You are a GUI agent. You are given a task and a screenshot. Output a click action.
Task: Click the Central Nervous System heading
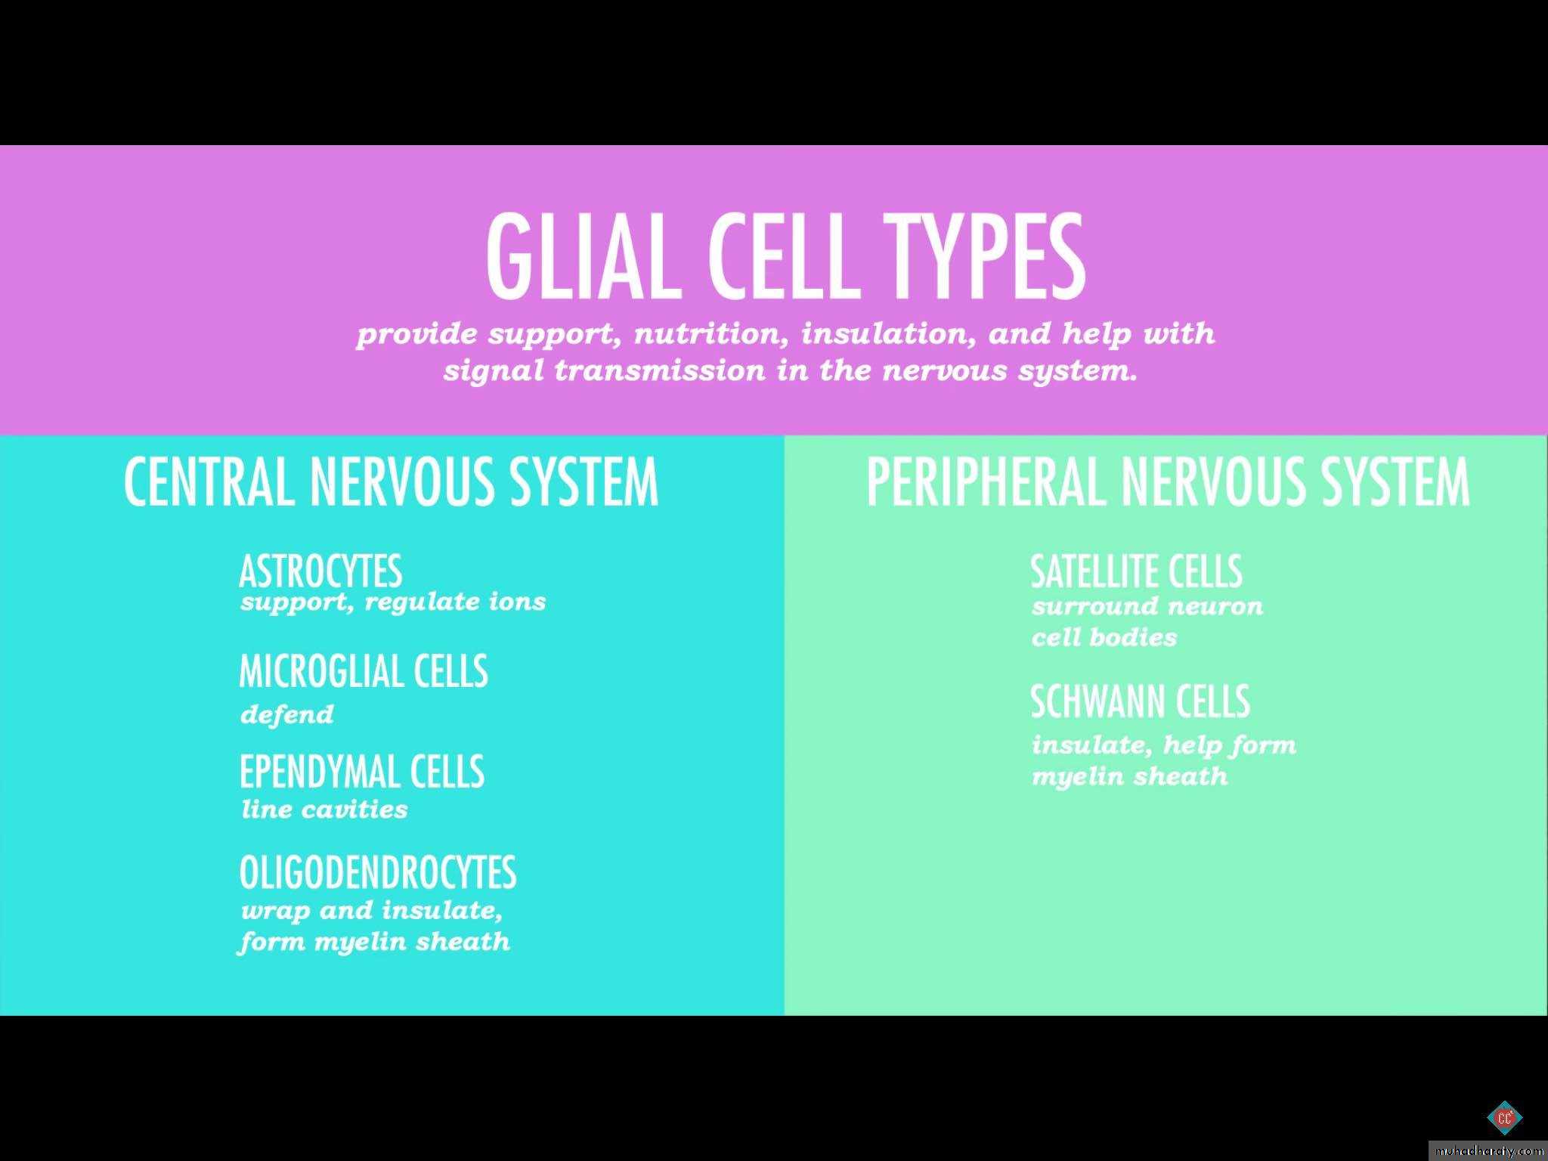pos(391,481)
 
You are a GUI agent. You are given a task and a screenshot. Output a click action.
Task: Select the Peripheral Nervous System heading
pos(1168,481)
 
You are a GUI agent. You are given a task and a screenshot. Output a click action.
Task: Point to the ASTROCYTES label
pos(320,571)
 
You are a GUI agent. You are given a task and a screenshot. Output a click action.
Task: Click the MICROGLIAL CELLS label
pos(364,670)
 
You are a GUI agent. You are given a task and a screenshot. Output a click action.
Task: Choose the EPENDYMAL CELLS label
pos(361,771)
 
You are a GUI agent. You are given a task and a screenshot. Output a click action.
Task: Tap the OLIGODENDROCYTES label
pos(378,872)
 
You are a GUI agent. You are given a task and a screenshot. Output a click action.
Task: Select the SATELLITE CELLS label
pos(1136,571)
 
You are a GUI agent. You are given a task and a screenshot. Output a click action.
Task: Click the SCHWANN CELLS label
pos(1140,701)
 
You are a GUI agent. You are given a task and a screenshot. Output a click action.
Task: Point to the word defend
pos(286,714)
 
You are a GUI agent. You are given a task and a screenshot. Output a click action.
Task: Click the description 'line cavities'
pos(324,810)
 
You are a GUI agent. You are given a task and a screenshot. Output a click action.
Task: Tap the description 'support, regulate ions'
pos(393,602)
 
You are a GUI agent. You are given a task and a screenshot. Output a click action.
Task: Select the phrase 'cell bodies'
pos(1104,637)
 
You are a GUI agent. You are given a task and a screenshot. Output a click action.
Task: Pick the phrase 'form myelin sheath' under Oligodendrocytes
pos(374,942)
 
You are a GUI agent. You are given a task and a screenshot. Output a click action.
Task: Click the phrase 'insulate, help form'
pos(1164,745)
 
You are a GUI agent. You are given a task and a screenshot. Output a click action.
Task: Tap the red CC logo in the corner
pos(1504,1117)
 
